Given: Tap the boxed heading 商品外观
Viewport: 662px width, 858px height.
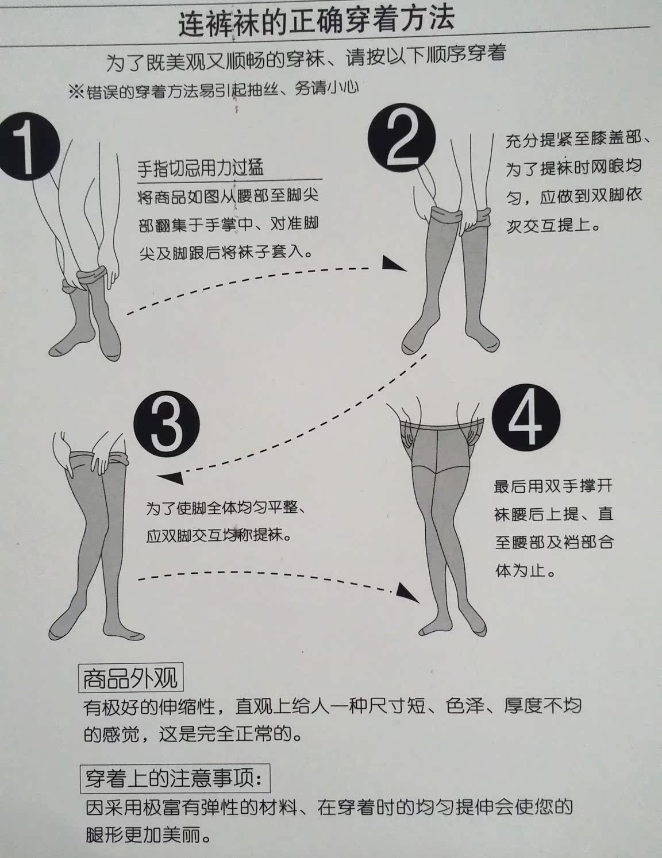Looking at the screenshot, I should (130, 678).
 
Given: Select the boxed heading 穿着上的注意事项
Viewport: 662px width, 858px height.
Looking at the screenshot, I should (174, 778).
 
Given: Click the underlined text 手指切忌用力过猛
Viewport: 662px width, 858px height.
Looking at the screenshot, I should (201, 168).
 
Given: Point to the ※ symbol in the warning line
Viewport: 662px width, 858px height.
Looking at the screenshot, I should (76, 92).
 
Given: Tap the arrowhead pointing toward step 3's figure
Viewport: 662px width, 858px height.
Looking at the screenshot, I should (169, 478).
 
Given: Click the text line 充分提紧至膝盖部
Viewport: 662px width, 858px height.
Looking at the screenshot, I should (577, 140).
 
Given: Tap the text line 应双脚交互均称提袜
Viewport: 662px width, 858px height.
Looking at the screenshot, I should (219, 536).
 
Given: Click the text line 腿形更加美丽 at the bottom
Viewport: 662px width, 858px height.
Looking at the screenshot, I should (149, 834).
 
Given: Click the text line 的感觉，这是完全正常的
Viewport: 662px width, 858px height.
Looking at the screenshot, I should (193, 734).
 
